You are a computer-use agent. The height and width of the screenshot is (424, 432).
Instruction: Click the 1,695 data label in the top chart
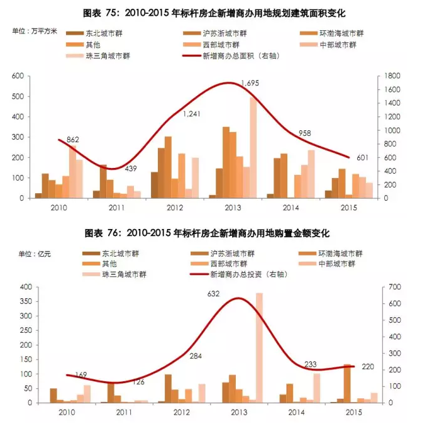click(x=250, y=82)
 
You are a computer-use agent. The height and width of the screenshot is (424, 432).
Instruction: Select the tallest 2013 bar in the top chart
click(x=253, y=148)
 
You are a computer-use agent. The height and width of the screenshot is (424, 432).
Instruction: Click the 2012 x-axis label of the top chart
click(x=175, y=208)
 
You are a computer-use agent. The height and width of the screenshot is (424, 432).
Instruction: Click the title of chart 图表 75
click(x=215, y=13)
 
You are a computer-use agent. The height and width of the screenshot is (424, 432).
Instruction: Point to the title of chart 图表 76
click(x=215, y=233)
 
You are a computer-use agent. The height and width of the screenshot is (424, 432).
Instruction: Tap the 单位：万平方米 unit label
click(x=35, y=31)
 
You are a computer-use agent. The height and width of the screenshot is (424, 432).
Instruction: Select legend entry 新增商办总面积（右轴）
click(x=240, y=56)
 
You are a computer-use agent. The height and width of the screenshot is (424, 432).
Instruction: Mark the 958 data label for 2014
click(x=304, y=133)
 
